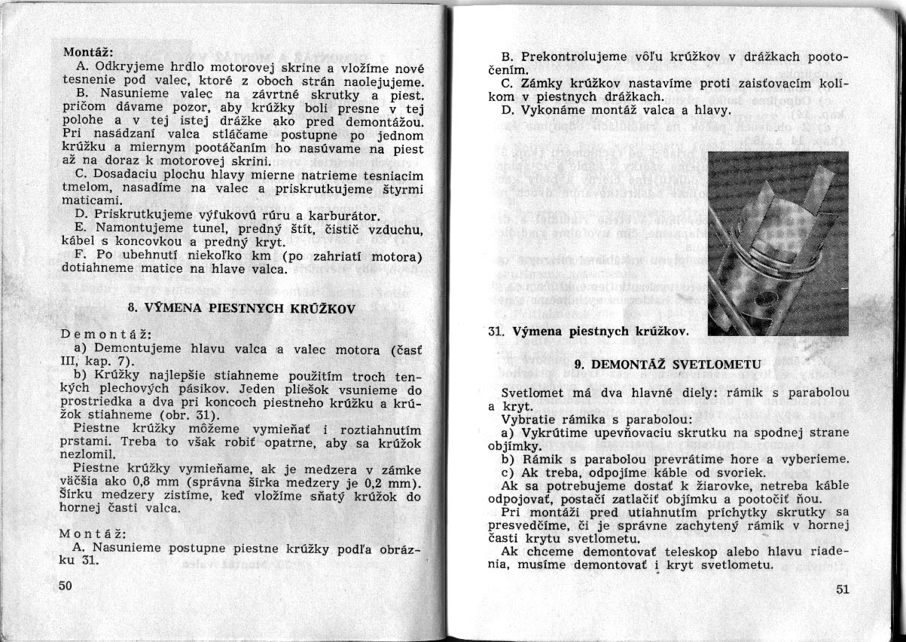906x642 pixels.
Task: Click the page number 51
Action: click(x=842, y=589)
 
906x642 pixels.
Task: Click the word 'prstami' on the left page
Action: click(x=81, y=442)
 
